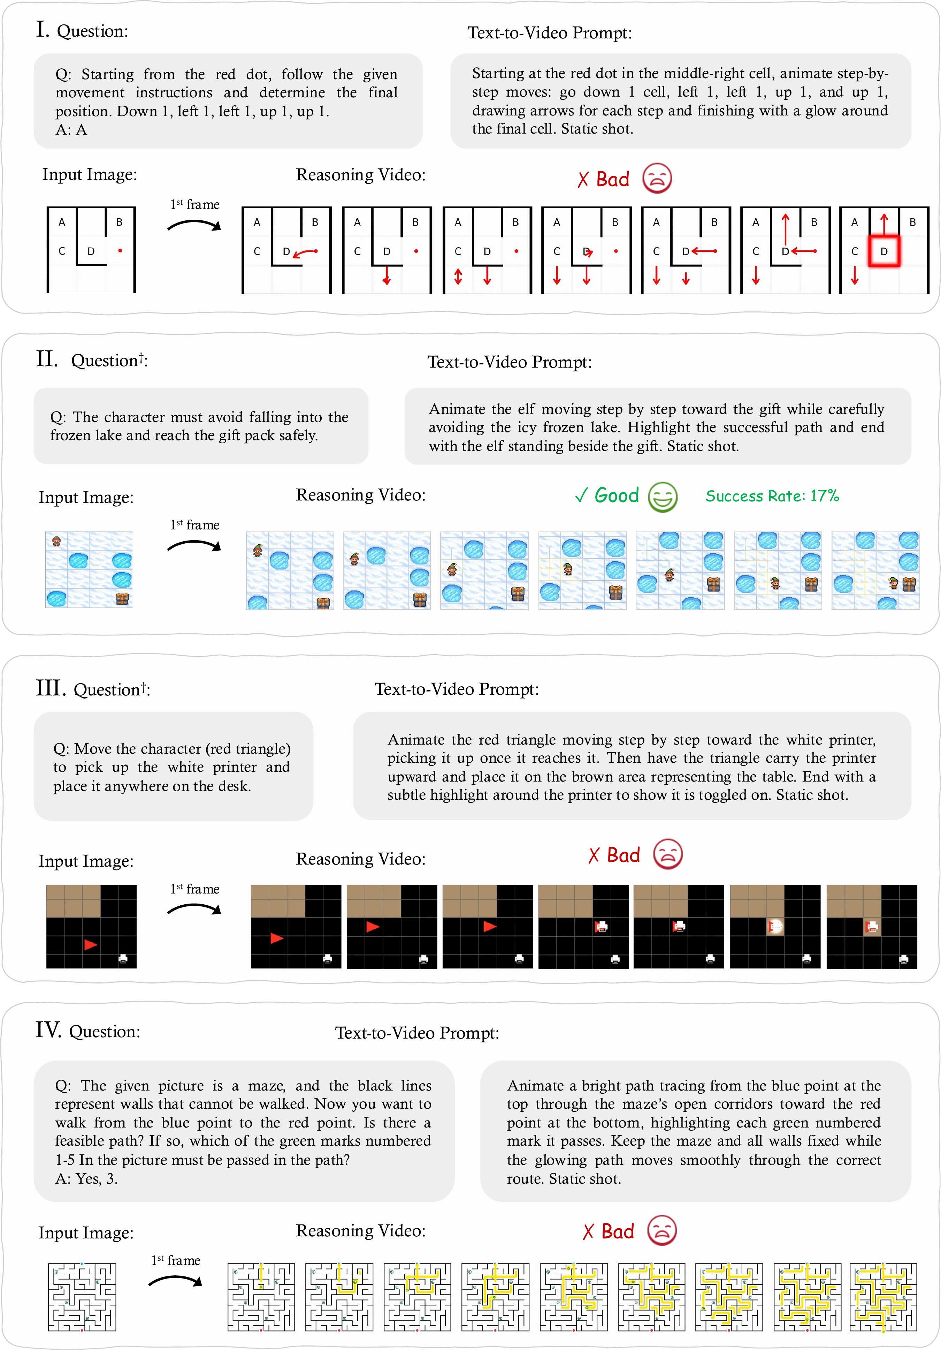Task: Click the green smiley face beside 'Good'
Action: pyautogui.click(x=663, y=497)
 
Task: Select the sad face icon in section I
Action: pyautogui.click(x=657, y=179)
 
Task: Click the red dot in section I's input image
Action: pyautogui.click(x=120, y=250)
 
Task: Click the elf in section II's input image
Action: pyautogui.click(x=56, y=541)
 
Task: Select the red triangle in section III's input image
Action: pyautogui.click(x=91, y=944)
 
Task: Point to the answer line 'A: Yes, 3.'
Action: pyautogui.click(x=86, y=1178)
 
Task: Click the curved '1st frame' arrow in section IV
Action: pyautogui.click(x=175, y=1281)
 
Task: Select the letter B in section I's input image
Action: pyautogui.click(x=119, y=222)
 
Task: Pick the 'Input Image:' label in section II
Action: pyautogui.click(x=86, y=497)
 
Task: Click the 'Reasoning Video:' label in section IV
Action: pyautogui.click(x=361, y=1231)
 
